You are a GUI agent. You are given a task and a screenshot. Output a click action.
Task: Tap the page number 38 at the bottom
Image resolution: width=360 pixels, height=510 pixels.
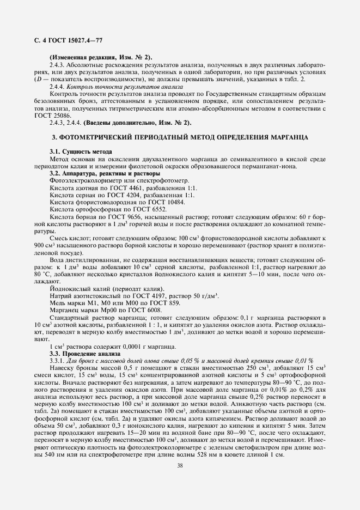(x=180, y=465)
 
